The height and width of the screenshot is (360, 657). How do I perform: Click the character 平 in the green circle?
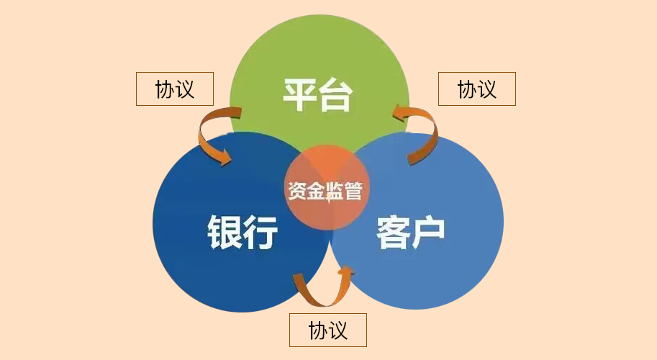301,95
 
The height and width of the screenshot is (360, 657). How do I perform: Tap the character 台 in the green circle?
336,95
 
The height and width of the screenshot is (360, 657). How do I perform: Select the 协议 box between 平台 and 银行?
175,89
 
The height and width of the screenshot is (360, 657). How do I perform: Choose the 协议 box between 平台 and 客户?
477,89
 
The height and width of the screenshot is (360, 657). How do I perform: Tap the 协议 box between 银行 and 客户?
328,330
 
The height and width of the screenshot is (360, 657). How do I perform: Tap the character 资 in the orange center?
296,192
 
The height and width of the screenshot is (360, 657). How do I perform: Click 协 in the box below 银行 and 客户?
318,330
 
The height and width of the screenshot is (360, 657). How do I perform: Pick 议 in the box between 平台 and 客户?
487,89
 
